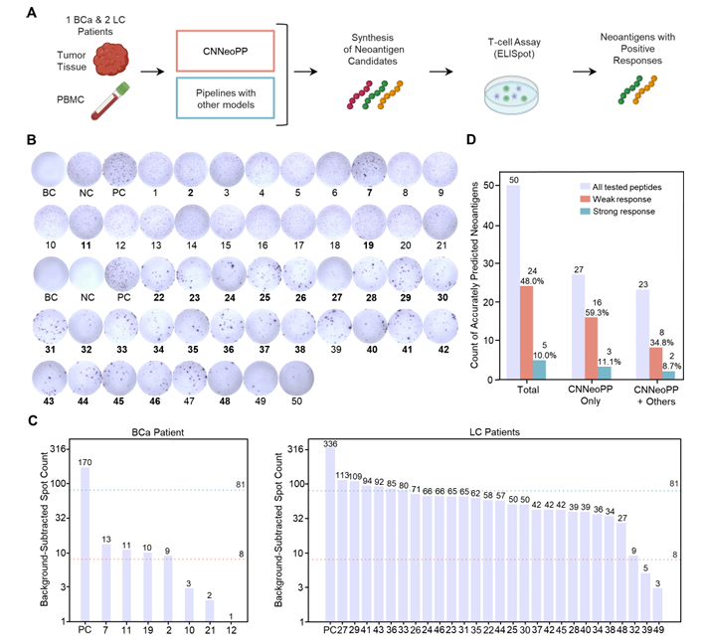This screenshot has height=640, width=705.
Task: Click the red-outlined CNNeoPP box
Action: pos(225,51)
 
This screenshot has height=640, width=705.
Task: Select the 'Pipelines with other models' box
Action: pos(225,98)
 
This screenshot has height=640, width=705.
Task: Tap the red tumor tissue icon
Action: pos(111,59)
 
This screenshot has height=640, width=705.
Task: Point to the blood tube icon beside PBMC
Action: pos(110,100)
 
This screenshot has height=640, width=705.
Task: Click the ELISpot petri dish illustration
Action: pos(511,94)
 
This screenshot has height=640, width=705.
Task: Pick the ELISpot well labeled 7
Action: pos(369,169)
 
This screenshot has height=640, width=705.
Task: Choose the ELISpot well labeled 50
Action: pos(296,379)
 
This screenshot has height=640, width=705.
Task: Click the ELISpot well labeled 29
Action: pos(405,274)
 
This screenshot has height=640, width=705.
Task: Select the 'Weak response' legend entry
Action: pos(616,199)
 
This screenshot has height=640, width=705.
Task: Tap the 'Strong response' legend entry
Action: pos(617,212)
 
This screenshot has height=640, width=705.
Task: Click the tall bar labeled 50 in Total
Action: pos(513,282)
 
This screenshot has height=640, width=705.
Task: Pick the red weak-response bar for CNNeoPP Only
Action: pos(591,348)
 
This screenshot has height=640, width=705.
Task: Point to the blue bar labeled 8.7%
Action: pos(668,376)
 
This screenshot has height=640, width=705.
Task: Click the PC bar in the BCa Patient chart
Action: pos(85,545)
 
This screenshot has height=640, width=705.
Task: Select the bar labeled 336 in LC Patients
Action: pos(330,535)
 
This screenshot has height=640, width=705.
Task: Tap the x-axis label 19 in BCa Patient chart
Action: pos(147,630)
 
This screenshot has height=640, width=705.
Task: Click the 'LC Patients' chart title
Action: pos(494,432)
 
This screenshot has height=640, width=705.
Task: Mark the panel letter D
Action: pos(470,139)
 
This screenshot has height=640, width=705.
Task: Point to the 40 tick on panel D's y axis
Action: pos(488,225)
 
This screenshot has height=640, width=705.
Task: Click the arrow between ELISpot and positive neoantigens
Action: pos(585,72)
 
